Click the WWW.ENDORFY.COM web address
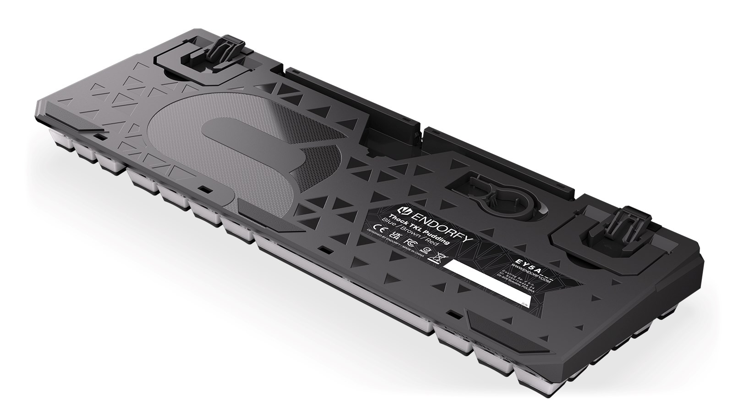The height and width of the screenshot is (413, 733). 531,273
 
